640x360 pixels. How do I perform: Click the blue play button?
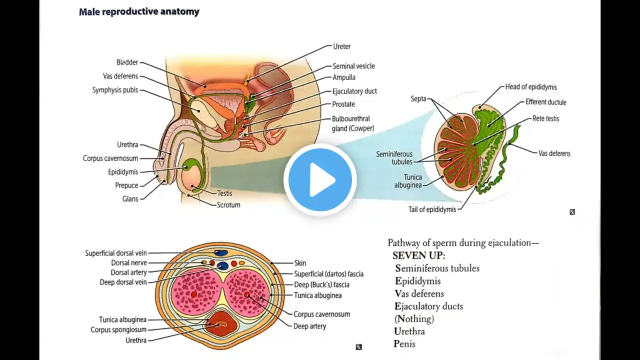point(320,179)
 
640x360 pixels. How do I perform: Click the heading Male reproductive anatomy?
point(139,11)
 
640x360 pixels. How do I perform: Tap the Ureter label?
point(342,46)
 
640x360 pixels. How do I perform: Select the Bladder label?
point(127,62)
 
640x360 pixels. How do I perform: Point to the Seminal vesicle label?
point(353,66)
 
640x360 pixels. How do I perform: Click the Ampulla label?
point(344,77)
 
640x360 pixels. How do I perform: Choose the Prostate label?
point(343,104)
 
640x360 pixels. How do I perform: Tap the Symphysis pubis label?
point(115,90)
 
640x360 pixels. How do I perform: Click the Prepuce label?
point(126,185)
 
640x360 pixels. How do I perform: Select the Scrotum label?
point(228,204)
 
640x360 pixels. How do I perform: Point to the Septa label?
point(418,98)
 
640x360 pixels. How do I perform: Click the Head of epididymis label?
point(531,87)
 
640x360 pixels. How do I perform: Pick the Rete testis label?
point(545,118)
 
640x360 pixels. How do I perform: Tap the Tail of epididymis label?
point(432,209)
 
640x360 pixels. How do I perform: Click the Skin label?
point(300,263)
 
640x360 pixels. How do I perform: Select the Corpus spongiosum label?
point(118,329)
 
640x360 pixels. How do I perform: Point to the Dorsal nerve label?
point(129,262)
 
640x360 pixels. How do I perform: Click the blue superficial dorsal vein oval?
point(220,253)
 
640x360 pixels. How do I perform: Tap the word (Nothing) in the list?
point(414,318)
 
